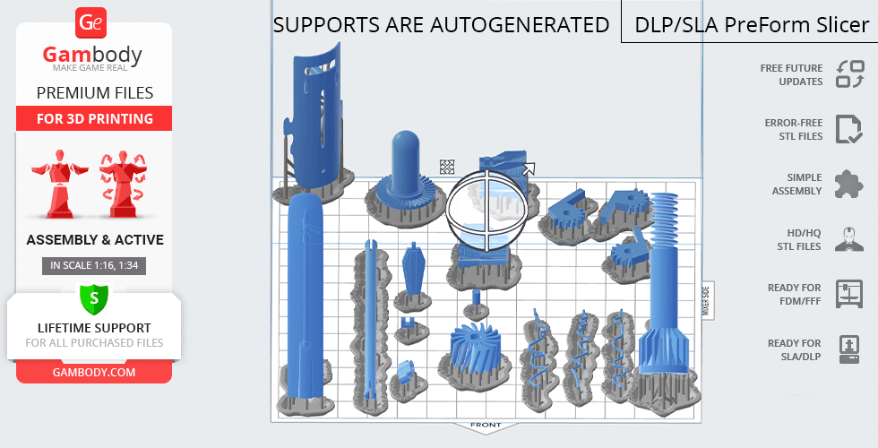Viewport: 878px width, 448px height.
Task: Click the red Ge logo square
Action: pos(90,23)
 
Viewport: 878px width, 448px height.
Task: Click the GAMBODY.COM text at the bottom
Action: pos(94,373)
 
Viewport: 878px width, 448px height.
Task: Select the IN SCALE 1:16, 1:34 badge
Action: pos(94,265)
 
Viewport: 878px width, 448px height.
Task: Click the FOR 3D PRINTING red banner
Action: pos(95,118)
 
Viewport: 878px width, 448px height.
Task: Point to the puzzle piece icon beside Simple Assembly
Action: pos(848,185)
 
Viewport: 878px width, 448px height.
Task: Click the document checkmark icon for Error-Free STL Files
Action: pos(849,129)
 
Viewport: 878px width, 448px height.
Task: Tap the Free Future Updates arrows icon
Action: pos(850,74)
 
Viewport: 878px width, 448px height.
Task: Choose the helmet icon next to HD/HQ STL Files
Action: pos(849,239)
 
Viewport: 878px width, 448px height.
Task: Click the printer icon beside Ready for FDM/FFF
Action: pos(849,294)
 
